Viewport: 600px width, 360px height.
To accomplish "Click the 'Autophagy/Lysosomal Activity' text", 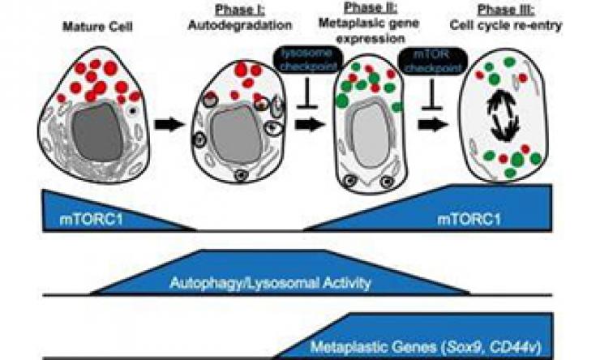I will pos(271,283).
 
